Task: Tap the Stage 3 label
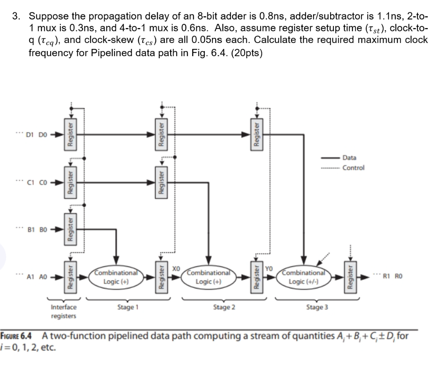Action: (x=317, y=307)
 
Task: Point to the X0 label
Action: (x=177, y=269)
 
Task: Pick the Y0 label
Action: (x=270, y=269)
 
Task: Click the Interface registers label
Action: (x=64, y=311)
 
